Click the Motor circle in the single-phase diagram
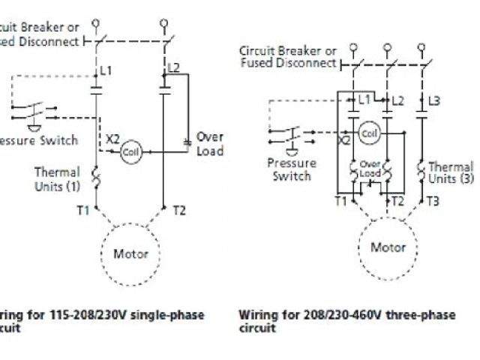(x=130, y=253)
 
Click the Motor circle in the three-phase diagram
(x=388, y=247)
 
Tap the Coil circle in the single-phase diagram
(x=132, y=151)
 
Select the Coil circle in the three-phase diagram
(x=368, y=133)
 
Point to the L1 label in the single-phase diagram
(x=106, y=70)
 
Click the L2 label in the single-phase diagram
(x=173, y=67)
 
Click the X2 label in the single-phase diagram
(x=112, y=139)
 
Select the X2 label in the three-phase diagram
(x=344, y=139)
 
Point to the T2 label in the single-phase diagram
(x=178, y=210)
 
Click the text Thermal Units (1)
(x=57, y=178)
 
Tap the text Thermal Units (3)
(x=451, y=172)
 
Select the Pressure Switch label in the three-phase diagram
(x=292, y=169)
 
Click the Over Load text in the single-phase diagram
(x=210, y=144)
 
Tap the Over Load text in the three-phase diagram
(x=370, y=169)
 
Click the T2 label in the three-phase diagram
(x=397, y=201)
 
